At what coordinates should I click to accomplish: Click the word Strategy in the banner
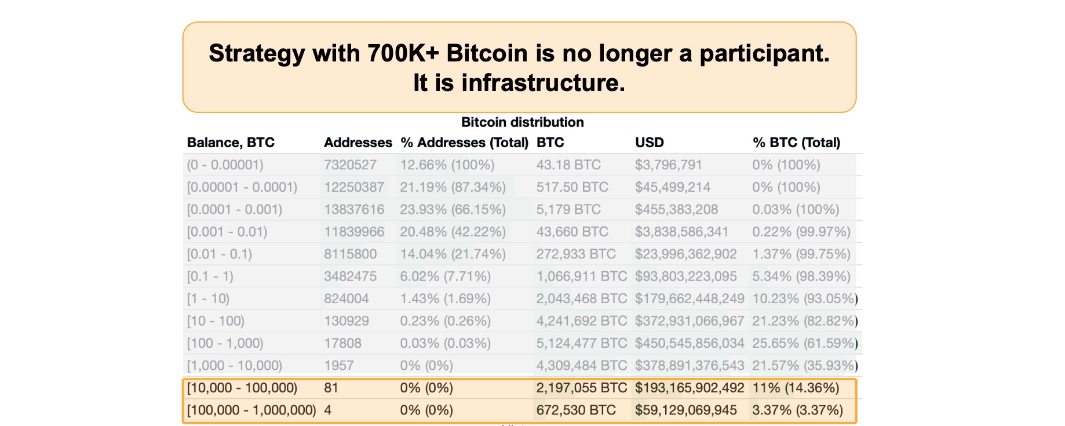click(256, 53)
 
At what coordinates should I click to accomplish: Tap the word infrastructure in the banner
click(543, 83)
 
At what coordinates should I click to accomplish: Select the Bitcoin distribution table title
click(522, 122)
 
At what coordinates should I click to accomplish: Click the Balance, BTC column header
click(231, 143)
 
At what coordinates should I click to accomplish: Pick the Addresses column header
click(358, 143)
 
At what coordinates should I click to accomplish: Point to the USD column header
click(649, 143)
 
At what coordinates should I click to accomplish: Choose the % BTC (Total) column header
click(796, 143)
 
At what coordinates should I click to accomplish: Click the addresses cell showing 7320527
click(350, 165)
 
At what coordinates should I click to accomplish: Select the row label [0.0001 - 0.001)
click(234, 210)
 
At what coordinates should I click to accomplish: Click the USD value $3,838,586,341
click(681, 232)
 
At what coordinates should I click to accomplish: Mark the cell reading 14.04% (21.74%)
click(453, 254)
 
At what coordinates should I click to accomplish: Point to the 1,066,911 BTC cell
click(581, 276)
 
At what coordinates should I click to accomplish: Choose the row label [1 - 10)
click(208, 299)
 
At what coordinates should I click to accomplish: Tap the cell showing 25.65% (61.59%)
click(804, 344)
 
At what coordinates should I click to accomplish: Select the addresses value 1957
click(338, 366)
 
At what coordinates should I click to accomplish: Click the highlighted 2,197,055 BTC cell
click(581, 388)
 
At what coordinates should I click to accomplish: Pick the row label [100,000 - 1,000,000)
click(251, 410)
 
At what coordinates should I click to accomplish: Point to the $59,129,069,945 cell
click(685, 410)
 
